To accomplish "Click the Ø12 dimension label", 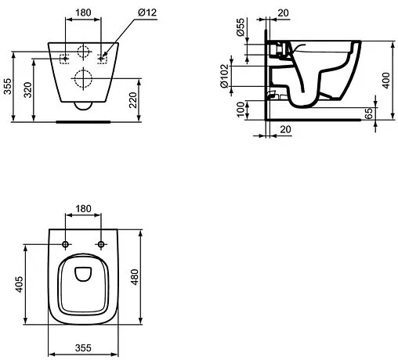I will [129, 13].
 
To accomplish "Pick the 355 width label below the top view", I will [84, 349].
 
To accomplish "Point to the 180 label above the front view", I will [83, 13].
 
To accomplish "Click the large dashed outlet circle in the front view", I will [83, 78].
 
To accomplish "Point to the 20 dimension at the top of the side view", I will [282, 13].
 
